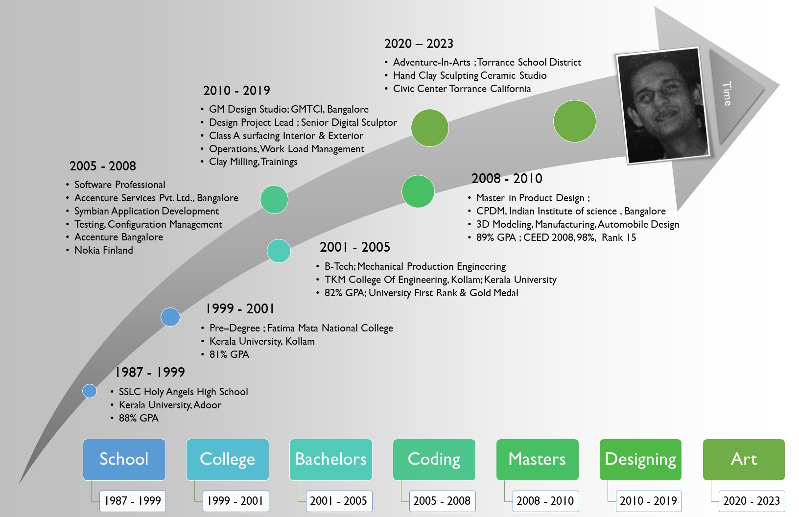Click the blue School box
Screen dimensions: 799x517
point(124,459)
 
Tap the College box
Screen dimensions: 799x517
point(227,459)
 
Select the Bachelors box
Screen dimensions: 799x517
point(330,459)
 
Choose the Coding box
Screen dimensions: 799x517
point(434,459)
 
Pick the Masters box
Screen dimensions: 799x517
point(537,459)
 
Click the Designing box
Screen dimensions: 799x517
point(641,459)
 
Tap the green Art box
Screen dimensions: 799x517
point(744,459)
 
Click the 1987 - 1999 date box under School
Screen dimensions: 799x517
point(133,501)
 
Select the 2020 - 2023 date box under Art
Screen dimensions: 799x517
point(752,501)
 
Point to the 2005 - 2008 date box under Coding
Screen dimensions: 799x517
point(442,501)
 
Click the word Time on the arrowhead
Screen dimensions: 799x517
point(727,94)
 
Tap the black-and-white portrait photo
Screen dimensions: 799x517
point(663,105)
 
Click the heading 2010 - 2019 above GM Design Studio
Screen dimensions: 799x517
point(236,91)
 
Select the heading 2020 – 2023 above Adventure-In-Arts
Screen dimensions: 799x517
point(419,44)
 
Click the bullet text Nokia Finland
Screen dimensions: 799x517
point(103,250)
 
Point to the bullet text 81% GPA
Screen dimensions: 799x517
point(229,354)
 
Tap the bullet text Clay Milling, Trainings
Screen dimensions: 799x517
point(253,162)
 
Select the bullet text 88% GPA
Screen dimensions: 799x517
point(139,418)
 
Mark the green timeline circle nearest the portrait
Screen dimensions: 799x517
point(575,121)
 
